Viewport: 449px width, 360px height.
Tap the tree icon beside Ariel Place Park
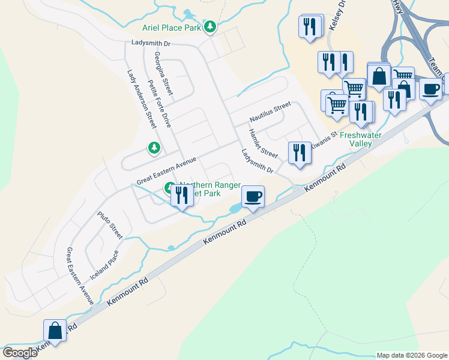pos(209,26)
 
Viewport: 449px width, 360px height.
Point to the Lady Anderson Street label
pos(142,98)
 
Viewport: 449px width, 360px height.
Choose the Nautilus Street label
pos(270,112)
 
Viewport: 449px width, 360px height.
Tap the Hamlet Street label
pos(263,144)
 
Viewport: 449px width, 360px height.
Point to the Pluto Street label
pos(110,224)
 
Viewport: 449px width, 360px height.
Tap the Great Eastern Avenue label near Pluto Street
pos(80,276)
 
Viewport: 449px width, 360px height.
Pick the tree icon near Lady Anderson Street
pos(154,147)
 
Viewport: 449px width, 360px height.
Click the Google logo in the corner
pos(20,353)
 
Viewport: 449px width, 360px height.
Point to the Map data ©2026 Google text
pos(412,355)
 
